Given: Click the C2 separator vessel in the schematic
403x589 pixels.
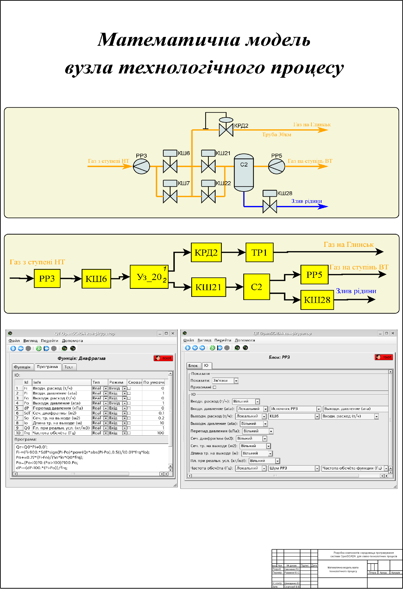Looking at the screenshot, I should coord(244,173).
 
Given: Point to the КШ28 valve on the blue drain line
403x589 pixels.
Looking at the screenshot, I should coord(270,206).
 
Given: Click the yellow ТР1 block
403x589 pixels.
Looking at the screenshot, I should coord(259,252).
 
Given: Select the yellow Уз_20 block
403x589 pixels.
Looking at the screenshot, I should coord(149,277).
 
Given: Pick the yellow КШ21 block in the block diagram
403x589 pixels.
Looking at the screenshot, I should coord(209,287).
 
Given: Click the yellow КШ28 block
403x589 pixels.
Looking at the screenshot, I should coord(317,300).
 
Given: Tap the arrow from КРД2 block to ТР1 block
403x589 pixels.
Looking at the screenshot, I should coord(233,252).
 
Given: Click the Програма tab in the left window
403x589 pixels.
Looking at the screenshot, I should coord(47,367).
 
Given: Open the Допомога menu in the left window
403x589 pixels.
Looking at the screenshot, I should coord(72,341).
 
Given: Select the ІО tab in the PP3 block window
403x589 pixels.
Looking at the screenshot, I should coord(206,365).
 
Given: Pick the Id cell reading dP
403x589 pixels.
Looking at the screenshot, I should coord(27,408).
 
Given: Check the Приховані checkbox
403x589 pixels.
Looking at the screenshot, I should coord(214,387).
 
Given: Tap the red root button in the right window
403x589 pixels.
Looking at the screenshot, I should coord(384,357).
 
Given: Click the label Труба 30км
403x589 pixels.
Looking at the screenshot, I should coord(277,134).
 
